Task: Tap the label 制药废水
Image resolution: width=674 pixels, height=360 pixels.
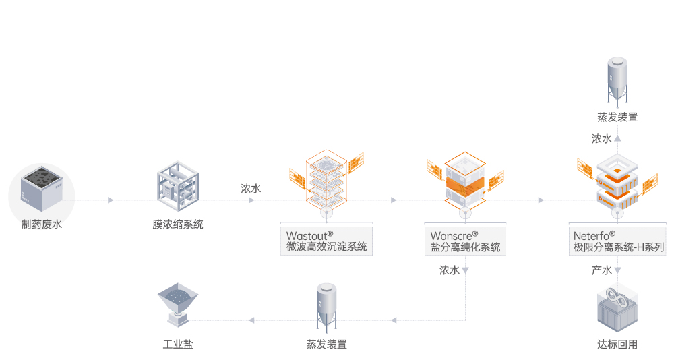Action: (x=41, y=224)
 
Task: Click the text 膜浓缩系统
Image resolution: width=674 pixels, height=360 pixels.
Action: (x=178, y=224)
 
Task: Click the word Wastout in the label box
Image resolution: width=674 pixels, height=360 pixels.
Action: (x=307, y=236)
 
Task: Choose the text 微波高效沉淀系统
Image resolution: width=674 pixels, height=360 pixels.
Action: (x=327, y=247)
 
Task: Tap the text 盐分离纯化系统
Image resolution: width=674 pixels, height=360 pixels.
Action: (x=466, y=247)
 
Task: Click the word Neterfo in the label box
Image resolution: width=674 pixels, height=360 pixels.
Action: (x=591, y=236)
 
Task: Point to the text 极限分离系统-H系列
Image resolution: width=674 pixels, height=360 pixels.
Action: (x=615, y=247)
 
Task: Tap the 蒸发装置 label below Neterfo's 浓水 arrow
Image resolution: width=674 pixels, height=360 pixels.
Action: (x=617, y=117)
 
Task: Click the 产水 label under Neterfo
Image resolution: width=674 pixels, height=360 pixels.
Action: (x=601, y=270)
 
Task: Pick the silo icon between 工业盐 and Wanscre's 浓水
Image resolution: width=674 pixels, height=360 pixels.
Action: (x=326, y=306)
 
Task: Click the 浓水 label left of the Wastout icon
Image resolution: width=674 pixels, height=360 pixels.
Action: (x=251, y=189)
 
